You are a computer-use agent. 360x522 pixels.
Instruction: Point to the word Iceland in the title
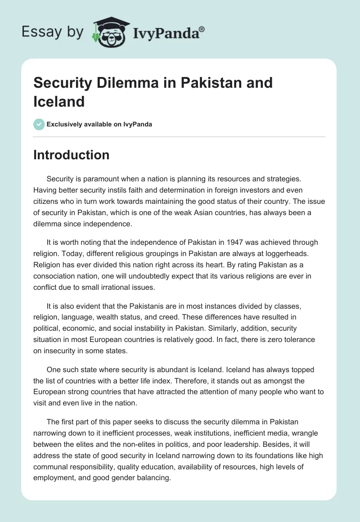click(x=59, y=101)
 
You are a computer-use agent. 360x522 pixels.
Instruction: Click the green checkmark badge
click(x=39, y=124)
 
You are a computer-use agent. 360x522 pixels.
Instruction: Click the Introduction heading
click(x=71, y=155)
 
